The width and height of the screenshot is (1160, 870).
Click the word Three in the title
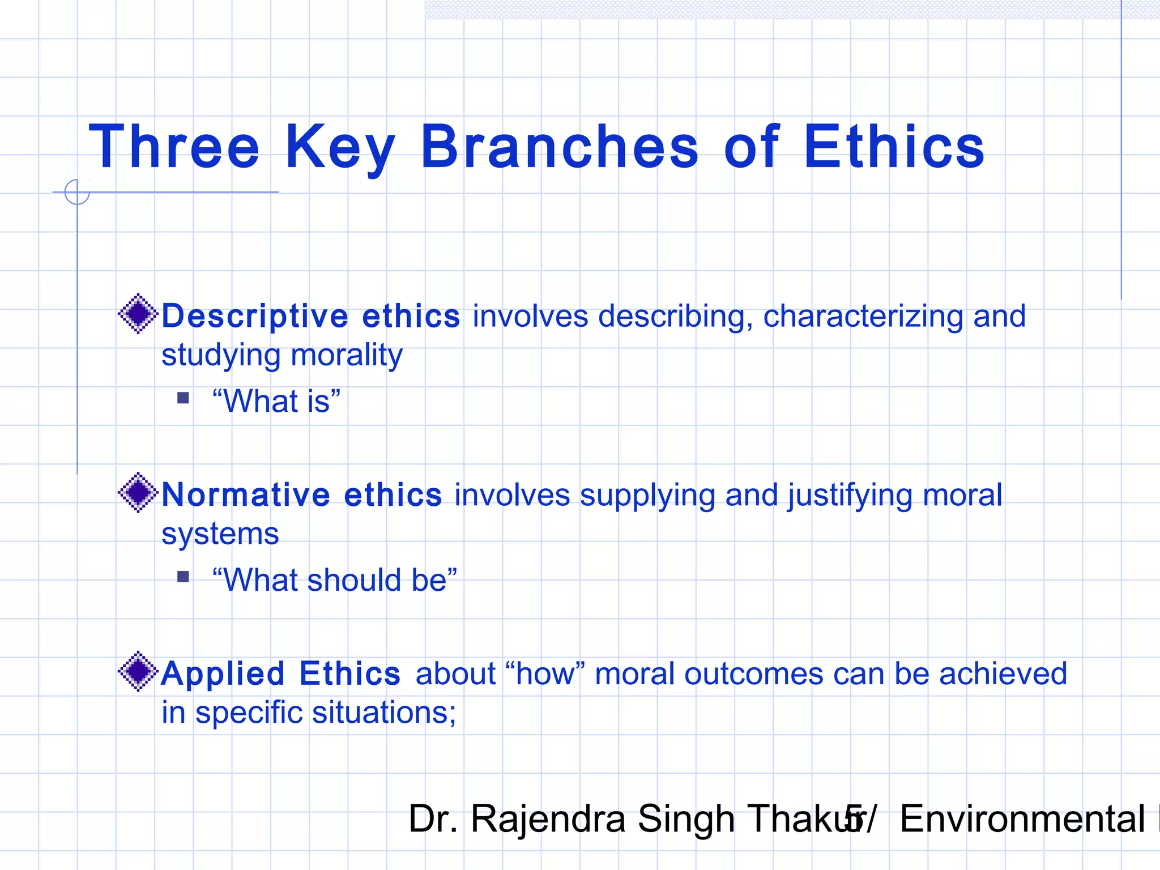coord(174,147)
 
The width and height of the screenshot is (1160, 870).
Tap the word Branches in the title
coord(560,147)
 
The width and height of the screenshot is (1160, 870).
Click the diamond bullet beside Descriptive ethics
coord(138,314)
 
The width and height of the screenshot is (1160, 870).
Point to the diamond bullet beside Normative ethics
coord(138,492)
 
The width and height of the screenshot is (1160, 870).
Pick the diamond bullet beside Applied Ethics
coord(138,671)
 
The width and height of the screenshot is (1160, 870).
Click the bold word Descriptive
coord(255,316)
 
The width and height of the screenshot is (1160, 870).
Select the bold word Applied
coord(223,674)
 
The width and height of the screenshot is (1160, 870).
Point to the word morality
coord(346,355)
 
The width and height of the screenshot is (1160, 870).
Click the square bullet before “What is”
coord(183,398)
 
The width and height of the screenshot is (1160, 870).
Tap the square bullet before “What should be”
coord(183,577)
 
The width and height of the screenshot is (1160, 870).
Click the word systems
coord(220,534)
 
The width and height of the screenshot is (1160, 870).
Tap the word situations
coord(384,713)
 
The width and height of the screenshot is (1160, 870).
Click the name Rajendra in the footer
coord(547,819)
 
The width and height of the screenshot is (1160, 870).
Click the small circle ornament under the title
coord(77,192)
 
